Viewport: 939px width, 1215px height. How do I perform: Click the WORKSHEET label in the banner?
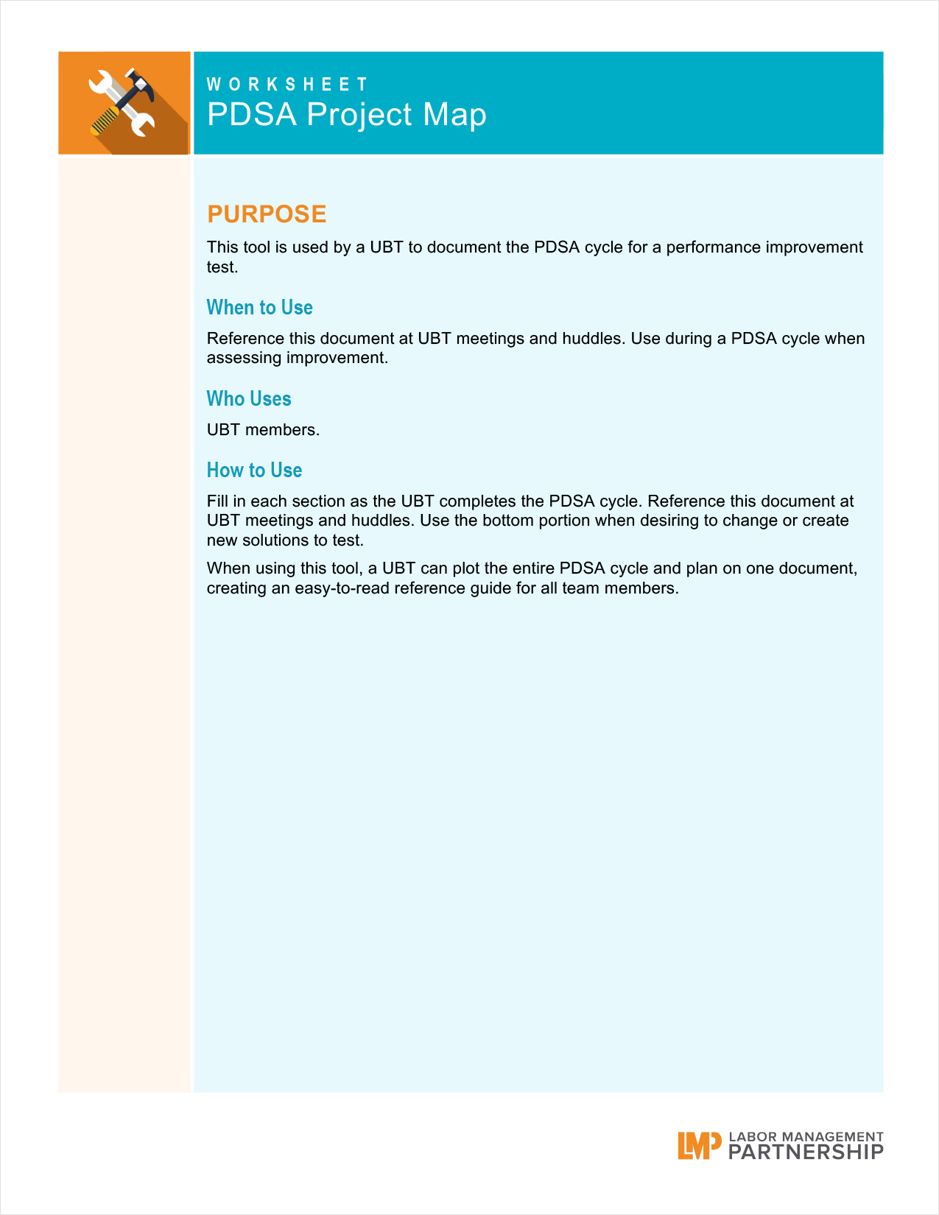287,85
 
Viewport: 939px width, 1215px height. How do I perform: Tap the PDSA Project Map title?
346,115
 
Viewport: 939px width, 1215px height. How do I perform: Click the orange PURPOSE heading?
267,214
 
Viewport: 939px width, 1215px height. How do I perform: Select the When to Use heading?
259,307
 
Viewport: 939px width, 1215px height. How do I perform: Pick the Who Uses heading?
249,398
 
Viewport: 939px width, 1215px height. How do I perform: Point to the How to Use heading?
254,470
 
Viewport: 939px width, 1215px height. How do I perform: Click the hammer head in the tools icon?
140,83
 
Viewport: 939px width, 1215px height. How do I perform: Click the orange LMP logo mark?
699,1146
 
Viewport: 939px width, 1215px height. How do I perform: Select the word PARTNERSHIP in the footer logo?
806,1152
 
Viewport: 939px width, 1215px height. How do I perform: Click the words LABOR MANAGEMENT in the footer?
806,1137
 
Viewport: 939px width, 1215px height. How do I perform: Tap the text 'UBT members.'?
263,430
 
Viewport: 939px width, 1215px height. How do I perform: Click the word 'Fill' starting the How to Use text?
217,501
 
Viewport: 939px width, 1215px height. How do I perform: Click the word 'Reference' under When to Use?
242,339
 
